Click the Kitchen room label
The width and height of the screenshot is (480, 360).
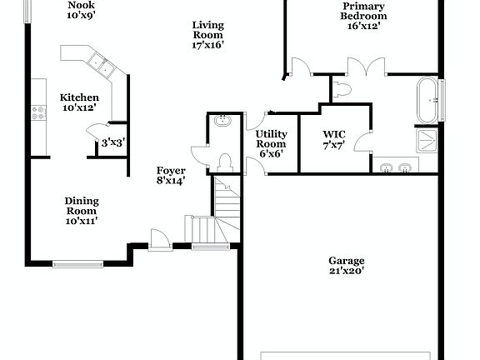coord(79,102)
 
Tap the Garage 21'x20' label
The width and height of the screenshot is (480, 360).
coord(346,265)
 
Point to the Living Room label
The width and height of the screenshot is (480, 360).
coord(207,35)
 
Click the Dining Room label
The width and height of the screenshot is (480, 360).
coord(82,211)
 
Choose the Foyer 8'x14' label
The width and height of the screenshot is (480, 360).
coord(171,175)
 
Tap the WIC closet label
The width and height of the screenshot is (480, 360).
coord(335,139)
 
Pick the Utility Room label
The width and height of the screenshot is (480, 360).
coord(271,144)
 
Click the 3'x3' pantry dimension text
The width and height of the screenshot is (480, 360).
coord(112,143)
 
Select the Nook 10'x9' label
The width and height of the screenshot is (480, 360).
coord(81,10)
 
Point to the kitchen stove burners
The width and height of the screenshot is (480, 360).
coord(37,112)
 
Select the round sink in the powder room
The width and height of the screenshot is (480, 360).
coord(222,122)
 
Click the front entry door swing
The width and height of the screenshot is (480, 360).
coord(159,239)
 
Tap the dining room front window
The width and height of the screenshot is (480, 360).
coord(78,264)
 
